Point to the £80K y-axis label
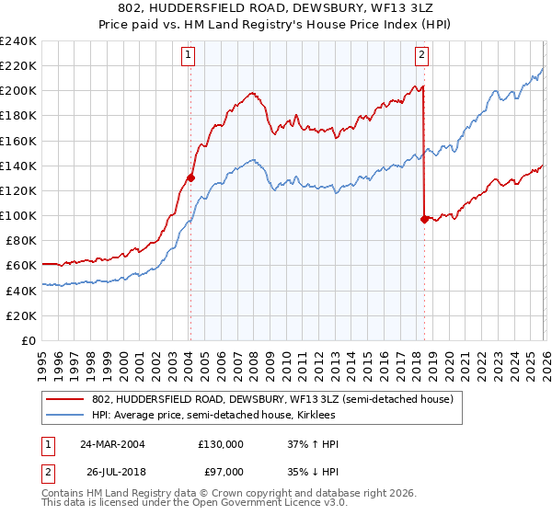[20, 240]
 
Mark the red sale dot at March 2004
[190, 178]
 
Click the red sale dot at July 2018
[423, 219]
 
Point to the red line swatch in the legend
[66, 399]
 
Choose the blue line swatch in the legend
[66, 416]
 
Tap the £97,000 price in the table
[220, 475]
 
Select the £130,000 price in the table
[220, 443]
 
